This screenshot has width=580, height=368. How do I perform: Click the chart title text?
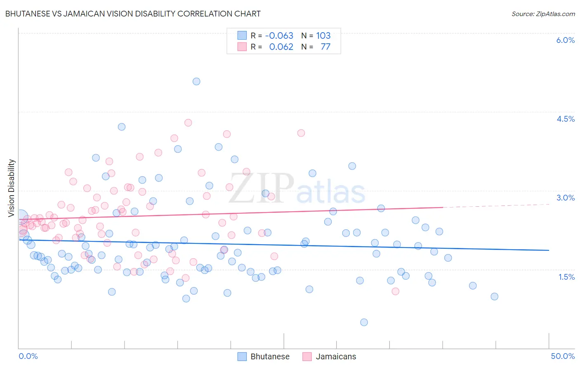point(133,14)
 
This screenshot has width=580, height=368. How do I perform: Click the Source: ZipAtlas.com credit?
point(543,14)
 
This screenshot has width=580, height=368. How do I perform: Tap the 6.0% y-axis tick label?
point(565,40)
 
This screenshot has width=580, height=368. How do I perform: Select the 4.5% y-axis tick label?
point(565,119)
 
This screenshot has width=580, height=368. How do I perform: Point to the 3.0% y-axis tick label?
point(565,198)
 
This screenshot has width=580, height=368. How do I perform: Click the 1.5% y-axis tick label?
point(566,277)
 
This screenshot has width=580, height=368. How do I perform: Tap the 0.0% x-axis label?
point(28,356)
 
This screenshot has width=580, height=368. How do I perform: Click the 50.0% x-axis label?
point(563,356)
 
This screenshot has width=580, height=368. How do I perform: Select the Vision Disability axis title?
point(11,188)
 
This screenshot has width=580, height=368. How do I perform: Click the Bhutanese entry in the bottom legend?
point(270,356)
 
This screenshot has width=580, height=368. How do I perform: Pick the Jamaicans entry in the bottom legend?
point(336,356)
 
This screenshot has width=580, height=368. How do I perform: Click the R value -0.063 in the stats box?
point(279,35)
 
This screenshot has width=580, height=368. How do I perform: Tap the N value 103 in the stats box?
point(323,35)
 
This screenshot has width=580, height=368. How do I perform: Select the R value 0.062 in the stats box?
point(281,47)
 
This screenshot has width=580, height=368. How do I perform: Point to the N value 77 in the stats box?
point(325,47)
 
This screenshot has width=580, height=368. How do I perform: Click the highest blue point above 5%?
point(196,81)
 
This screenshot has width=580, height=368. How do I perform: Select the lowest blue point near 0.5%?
point(364,322)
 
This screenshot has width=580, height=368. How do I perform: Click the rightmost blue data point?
point(494,296)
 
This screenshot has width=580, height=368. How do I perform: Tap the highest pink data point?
point(188,123)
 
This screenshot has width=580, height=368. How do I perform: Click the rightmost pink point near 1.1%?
point(395,291)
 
